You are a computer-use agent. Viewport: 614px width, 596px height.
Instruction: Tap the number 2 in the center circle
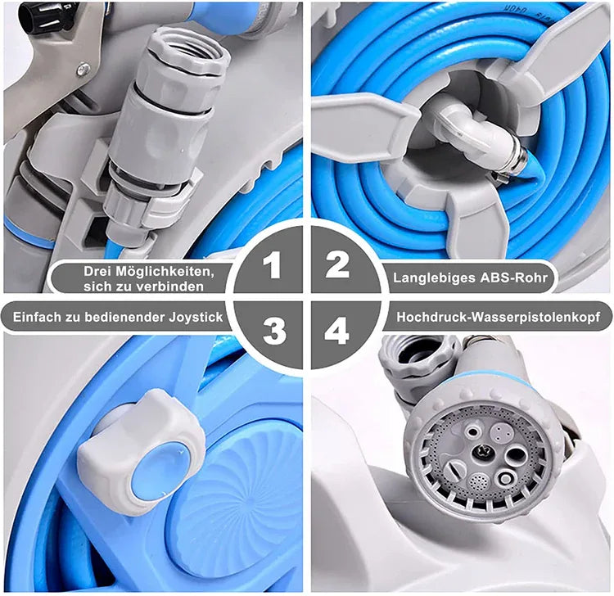337,264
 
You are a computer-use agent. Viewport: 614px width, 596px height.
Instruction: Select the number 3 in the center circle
273,331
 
